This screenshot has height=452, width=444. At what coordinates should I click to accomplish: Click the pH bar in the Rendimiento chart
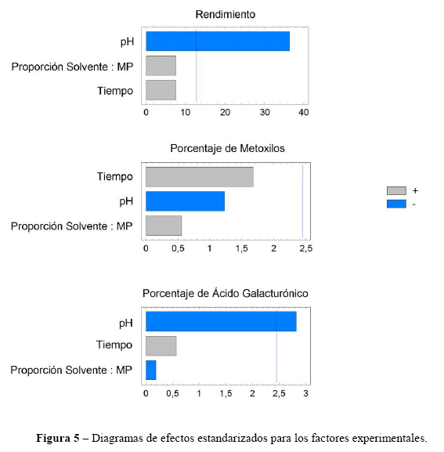[218, 42]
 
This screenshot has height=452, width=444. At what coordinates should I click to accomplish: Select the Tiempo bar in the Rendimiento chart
[161, 90]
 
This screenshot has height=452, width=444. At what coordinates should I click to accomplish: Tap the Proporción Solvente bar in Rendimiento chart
[161, 66]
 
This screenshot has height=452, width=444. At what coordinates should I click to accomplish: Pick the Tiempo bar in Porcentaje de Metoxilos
[200, 177]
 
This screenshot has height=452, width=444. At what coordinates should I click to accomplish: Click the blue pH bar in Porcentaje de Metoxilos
[186, 201]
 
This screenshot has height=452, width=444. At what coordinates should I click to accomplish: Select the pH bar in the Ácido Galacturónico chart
[222, 321]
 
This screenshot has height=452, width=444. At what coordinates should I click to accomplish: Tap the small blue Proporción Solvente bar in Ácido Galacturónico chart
[151, 370]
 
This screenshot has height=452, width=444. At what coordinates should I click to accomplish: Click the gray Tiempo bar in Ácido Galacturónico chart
[161, 346]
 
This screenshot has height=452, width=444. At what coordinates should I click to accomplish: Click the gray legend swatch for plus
[396, 190]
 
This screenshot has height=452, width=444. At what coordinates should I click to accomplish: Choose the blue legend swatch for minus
[396, 204]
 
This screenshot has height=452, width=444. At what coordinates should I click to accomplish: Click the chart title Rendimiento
[226, 14]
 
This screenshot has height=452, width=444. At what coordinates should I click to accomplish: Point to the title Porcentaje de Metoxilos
[227, 149]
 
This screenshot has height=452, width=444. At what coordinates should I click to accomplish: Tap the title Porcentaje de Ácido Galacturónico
[226, 293]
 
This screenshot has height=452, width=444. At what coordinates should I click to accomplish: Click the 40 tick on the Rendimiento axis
[304, 112]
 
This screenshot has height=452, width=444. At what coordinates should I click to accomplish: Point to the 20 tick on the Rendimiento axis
[225, 112]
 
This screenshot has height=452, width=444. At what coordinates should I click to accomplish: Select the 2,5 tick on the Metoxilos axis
[305, 248]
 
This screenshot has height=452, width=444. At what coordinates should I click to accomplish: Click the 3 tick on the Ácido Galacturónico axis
[305, 393]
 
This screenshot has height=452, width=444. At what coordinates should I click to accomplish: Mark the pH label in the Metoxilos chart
[126, 201]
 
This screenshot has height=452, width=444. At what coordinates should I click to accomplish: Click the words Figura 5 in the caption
[58, 438]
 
